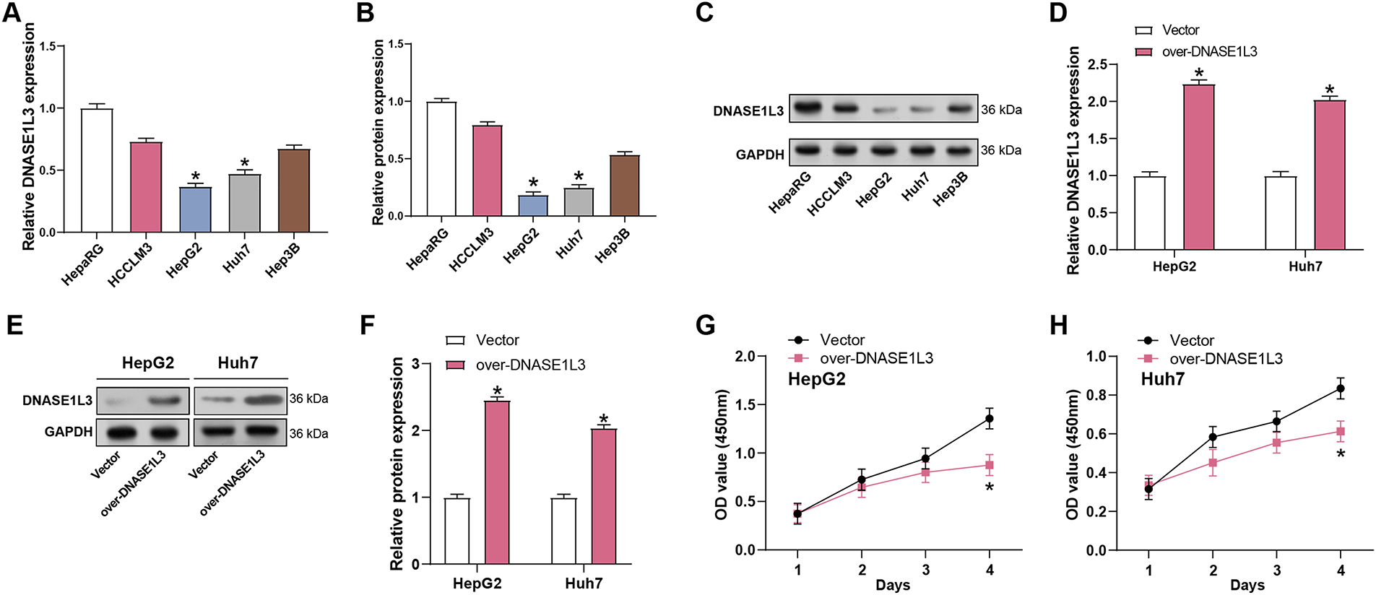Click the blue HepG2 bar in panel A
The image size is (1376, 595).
[195, 209]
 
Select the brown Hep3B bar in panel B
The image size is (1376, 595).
[624, 186]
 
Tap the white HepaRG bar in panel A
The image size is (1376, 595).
[97, 170]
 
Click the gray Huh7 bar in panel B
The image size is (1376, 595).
[579, 202]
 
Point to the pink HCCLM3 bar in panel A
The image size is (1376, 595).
[146, 187]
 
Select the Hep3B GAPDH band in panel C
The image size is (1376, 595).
[959, 151]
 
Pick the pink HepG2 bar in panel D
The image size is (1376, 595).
[1199, 167]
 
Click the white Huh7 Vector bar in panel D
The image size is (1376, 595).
[1280, 213]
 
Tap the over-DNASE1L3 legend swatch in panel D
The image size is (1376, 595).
[1143, 52]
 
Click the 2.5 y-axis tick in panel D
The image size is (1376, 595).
[1097, 65]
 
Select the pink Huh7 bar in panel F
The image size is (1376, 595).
[604, 496]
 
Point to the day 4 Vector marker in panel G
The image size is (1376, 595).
[989, 419]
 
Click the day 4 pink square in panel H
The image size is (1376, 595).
[1341, 432]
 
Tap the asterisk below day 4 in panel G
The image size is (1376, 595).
[989, 488]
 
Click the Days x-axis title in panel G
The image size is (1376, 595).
[893, 585]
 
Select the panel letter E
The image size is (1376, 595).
[14, 325]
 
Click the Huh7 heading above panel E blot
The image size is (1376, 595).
[238, 362]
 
